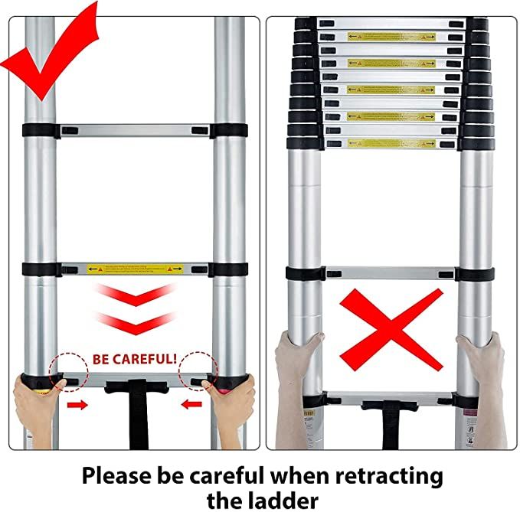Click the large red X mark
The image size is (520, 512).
point(391,329)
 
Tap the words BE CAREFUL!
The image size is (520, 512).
point(135,358)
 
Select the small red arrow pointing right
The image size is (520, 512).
point(77,403)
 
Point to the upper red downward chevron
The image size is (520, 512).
point(135,294)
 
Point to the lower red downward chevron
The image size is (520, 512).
point(135,321)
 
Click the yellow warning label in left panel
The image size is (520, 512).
point(135,269)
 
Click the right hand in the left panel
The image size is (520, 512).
point(234,402)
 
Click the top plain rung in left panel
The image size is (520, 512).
point(135,130)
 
